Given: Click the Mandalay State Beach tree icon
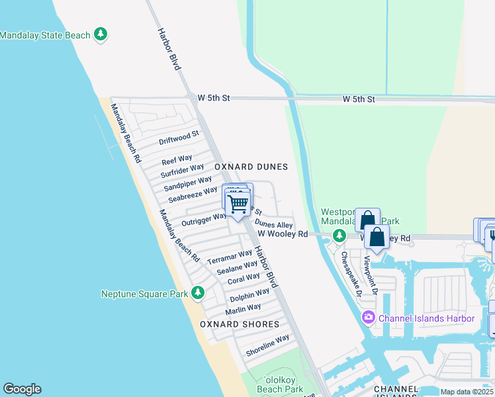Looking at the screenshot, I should point(101,34).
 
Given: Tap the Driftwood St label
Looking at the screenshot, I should point(179,138).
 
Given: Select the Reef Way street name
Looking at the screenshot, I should point(177,160).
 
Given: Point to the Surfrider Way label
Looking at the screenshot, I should point(183,171).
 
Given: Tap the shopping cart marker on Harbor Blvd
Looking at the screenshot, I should point(238,204).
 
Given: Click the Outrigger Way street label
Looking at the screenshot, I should point(204,219).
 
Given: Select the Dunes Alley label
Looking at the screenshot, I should point(273,225).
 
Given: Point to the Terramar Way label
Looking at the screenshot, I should point(229,257).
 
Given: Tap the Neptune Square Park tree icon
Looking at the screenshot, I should point(197,292).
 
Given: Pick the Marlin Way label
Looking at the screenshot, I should point(243,308).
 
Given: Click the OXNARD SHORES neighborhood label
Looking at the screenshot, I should point(240,324).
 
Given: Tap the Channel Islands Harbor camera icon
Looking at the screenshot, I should point(369,318).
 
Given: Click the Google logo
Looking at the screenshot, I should point(22,389).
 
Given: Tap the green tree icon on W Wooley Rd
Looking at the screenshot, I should point(339,235).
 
